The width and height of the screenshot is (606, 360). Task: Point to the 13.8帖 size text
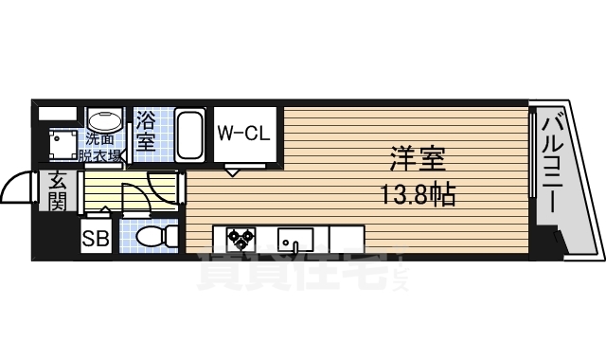point(418,195)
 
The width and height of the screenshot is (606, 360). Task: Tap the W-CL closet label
point(244,134)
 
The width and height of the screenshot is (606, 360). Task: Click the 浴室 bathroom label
point(147,132)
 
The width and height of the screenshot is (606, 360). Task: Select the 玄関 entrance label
point(57,190)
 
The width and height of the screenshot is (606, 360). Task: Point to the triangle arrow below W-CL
point(233,171)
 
